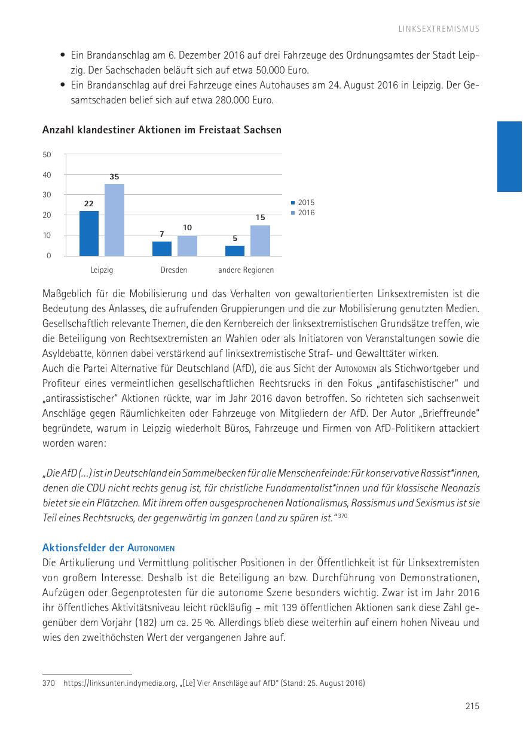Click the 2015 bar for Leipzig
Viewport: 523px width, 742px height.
coord(89,233)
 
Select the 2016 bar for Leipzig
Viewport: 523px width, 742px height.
coord(114,220)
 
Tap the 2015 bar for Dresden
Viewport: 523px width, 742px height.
coord(162,248)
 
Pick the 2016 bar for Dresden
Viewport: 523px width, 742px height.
coord(187,245)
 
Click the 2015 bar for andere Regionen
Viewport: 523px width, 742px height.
coord(235,251)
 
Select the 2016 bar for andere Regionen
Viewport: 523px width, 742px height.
coord(260,240)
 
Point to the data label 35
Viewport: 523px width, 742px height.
coord(114,177)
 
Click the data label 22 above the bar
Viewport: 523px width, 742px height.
coord(89,203)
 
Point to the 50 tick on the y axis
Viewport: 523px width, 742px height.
coord(47,154)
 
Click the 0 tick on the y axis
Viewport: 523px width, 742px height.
coord(49,256)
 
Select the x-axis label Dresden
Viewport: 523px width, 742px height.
coord(174,270)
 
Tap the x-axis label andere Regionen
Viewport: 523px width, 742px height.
coord(246,270)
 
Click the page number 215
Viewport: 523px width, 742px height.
coord(472,706)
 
